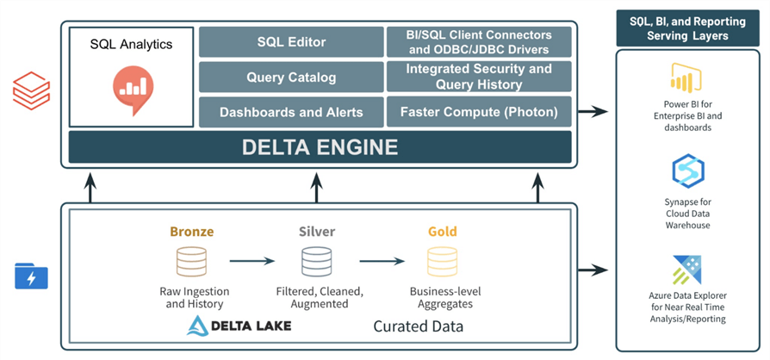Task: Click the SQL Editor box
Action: tap(290, 41)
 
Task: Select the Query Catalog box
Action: tap(290, 77)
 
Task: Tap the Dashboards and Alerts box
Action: tap(290, 112)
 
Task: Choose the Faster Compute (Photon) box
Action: tap(479, 112)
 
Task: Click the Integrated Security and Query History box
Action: tap(479, 77)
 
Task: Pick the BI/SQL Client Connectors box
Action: tap(479, 41)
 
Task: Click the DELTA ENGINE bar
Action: tap(320, 147)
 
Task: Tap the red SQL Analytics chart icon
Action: tap(132, 83)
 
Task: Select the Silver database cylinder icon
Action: tap(316, 259)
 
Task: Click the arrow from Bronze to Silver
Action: tap(251, 259)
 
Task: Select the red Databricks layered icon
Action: tap(32, 90)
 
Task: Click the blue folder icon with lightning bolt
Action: tap(32, 276)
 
